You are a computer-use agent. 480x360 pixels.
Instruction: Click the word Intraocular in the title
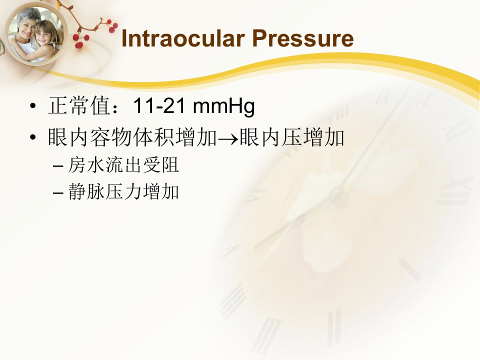click(x=183, y=38)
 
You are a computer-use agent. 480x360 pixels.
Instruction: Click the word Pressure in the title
click(x=303, y=38)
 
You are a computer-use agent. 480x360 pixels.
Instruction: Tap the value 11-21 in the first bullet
click(x=159, y=106)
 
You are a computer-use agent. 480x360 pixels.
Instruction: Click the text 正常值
click(x=79, y=106)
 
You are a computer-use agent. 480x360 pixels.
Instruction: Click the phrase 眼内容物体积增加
click(x=132, y=137)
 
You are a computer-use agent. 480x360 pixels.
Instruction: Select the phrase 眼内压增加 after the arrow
click(x=291, y=137)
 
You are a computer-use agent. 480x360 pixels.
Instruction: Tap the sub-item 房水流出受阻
click(x=123, y=165)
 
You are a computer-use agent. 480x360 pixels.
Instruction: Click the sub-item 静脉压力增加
click(x=123, y=191)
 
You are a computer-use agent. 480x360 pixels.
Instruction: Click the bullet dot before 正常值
click(x=33, y=106)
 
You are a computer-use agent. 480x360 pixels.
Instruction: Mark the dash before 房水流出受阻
click(x=58, y=166)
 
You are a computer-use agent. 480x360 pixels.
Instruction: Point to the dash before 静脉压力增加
click(x=58, y=193)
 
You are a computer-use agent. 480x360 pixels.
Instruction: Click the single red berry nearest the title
click(x=111, y=29)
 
